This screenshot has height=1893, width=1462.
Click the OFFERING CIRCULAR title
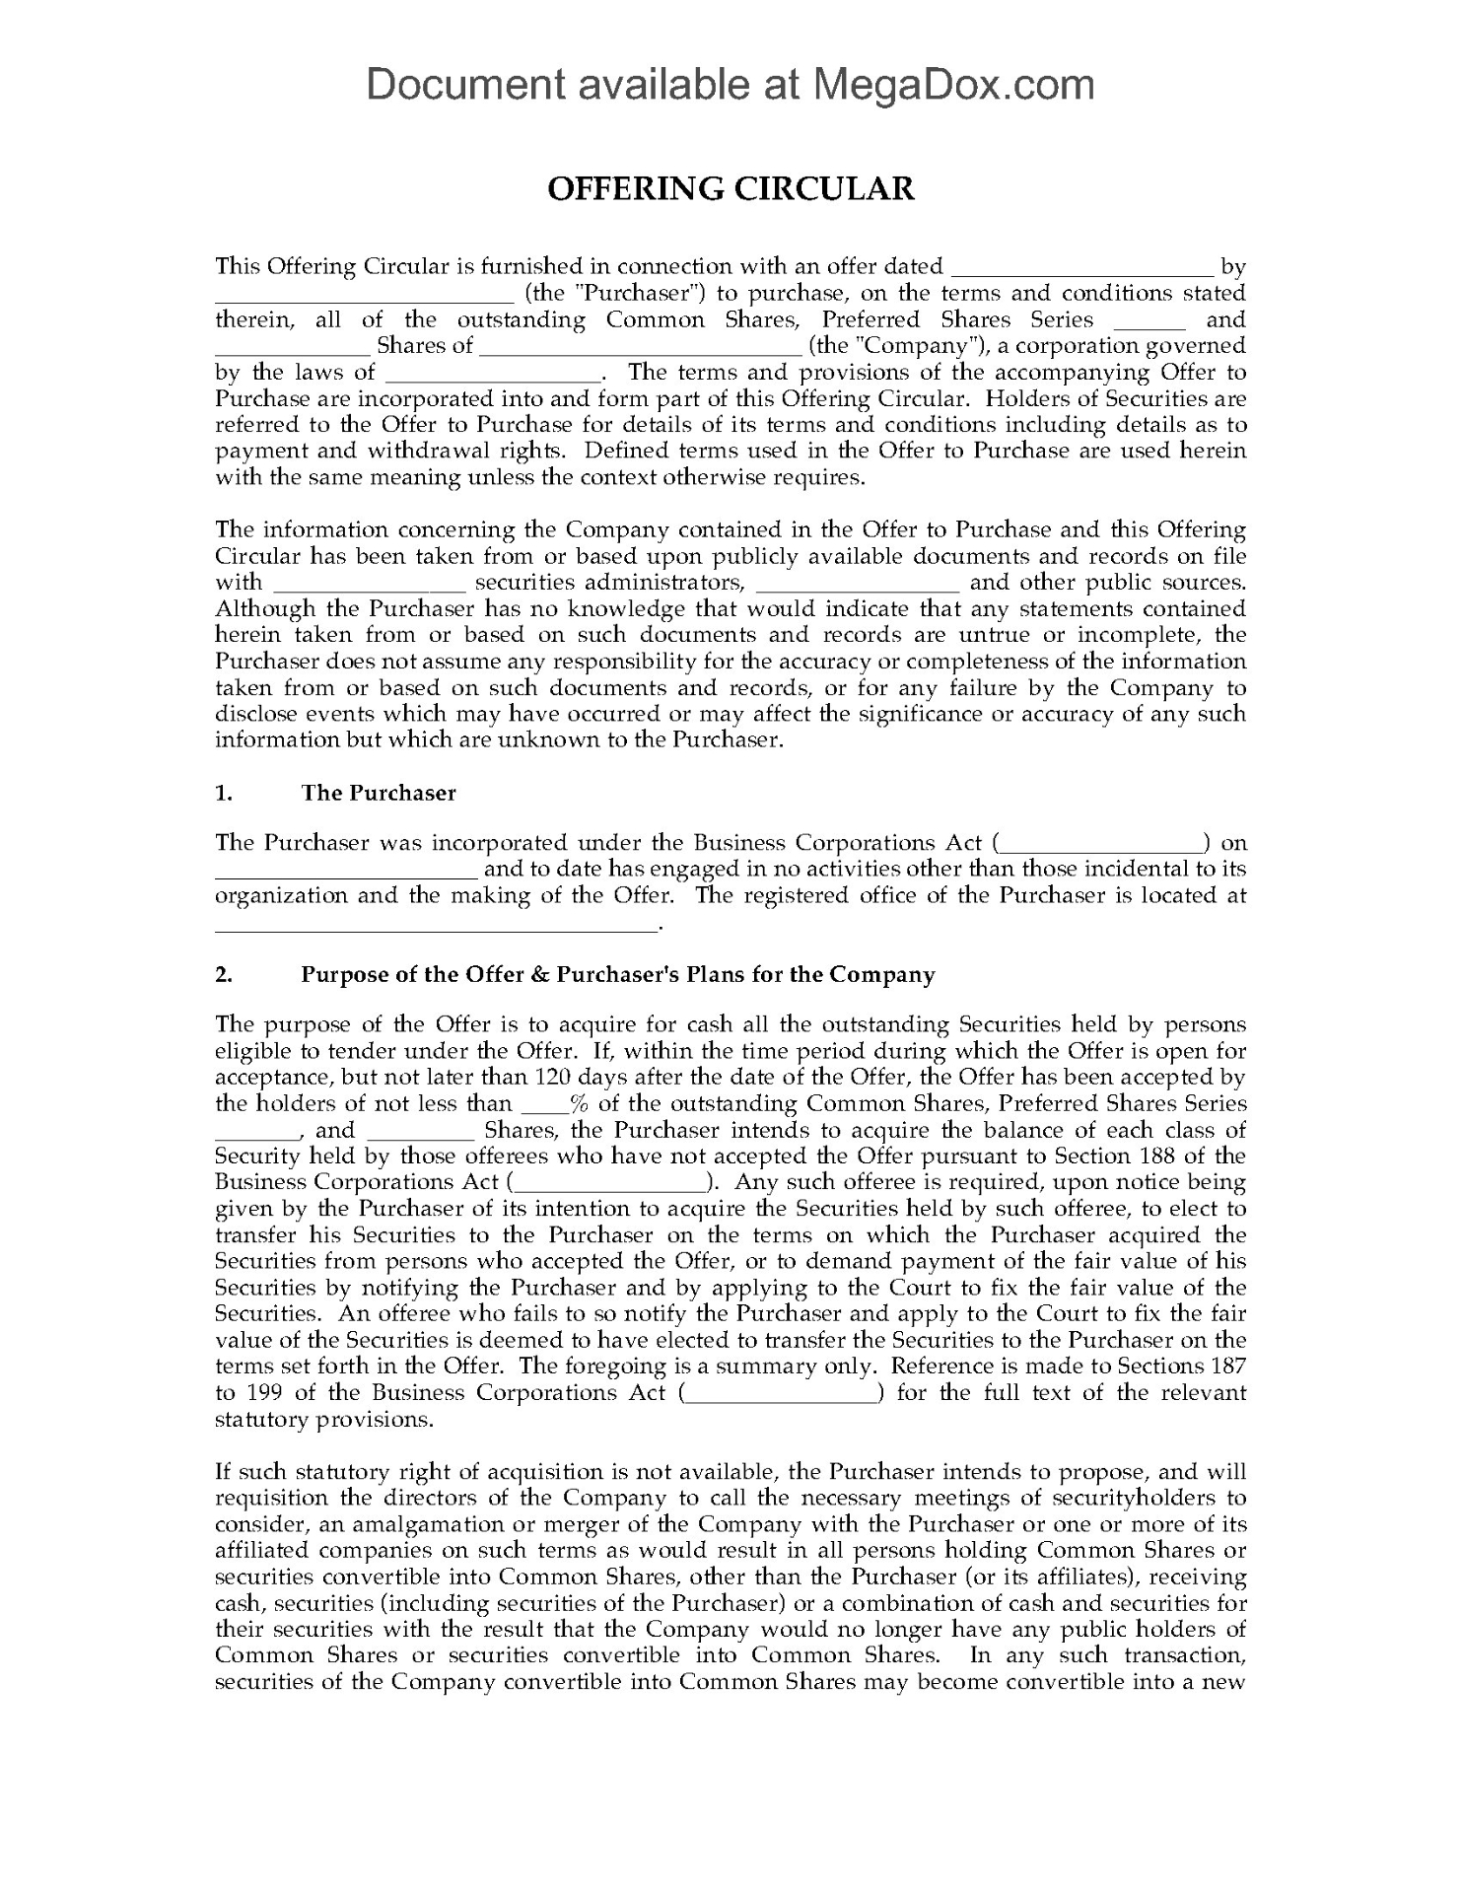(x=731, y=188)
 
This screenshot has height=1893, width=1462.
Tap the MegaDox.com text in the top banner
(x=952, y=85)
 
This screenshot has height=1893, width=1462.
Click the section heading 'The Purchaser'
(x=379, y=793)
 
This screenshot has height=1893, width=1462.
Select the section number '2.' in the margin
(x=224, y=974)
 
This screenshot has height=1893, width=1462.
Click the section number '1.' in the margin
(x=223, y=793)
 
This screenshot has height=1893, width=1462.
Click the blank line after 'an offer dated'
(x=1081, y=268)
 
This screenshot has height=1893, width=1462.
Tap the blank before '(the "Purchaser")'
(x=364, y=295)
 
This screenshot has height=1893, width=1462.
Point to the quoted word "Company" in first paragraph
(x=901, y=346)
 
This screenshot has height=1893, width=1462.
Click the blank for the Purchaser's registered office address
(x=435, y=926)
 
